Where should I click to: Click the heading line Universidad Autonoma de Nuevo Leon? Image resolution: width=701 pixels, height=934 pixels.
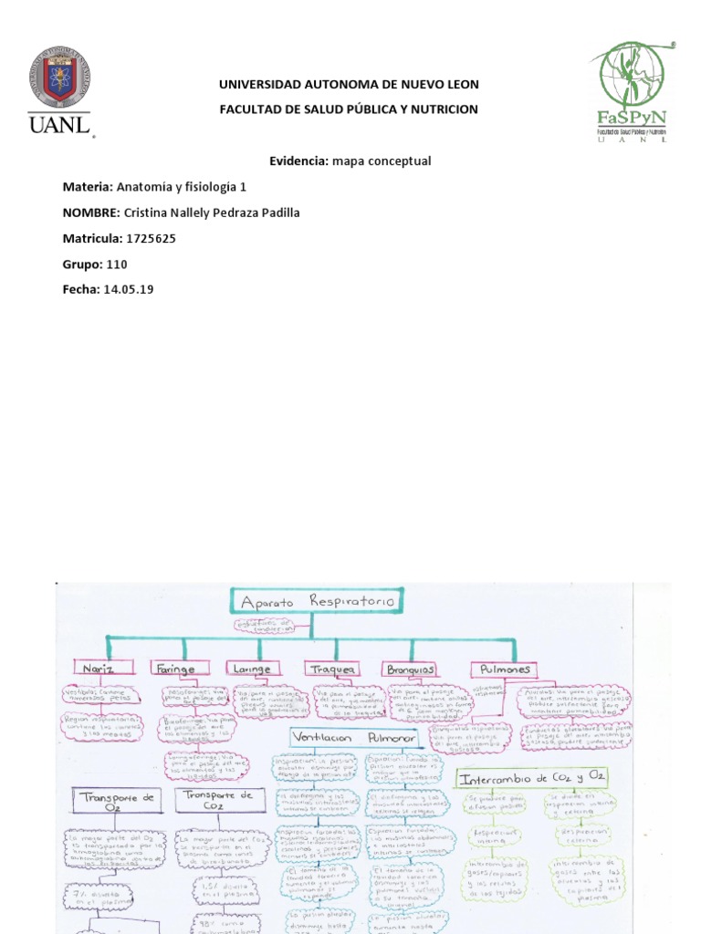coord(349,85)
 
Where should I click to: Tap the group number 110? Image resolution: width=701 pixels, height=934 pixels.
coord(117,264)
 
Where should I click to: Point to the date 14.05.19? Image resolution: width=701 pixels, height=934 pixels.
coord(129,289)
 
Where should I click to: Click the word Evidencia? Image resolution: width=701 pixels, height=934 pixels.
coord(298,161)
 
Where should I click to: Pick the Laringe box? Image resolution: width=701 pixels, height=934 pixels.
coord(251,669)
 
